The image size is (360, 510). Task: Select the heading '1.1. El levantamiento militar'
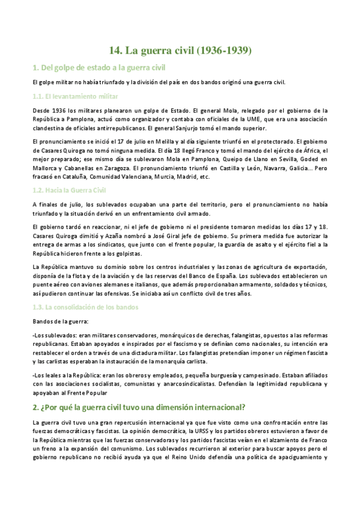click(x=75, y=96)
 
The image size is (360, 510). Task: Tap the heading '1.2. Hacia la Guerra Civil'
click(x=69, y=190)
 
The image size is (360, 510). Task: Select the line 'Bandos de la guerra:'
click(x=59, y=322)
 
